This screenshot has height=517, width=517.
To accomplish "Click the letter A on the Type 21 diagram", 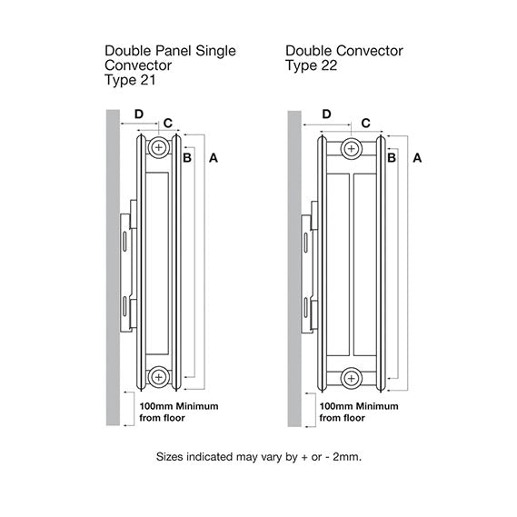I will (214, 158).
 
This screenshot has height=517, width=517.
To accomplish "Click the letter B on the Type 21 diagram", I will (186, 158).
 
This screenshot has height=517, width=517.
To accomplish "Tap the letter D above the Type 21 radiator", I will (139, 114).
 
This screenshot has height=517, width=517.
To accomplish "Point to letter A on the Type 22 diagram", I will (417, 158).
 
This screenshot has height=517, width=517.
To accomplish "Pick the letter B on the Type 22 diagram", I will (391, 158).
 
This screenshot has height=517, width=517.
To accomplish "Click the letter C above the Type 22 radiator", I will (365, 122).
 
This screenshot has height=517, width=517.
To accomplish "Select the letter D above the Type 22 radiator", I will (326, 114).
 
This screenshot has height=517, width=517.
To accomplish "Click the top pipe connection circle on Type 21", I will (159, 147).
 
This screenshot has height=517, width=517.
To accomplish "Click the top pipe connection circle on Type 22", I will (352, 147).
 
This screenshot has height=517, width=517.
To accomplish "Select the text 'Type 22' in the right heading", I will (309, 66).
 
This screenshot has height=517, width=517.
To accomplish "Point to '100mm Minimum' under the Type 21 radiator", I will (178, 405).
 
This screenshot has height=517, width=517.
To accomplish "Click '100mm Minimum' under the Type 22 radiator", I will (360, 405).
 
